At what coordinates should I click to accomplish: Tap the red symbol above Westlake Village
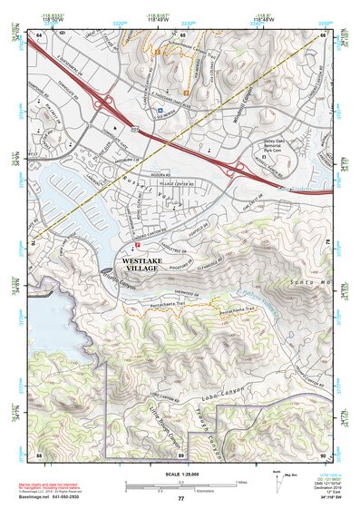pyautogui.click(x=137, y=244)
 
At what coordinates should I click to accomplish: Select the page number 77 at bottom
pyautogui.click(x=180, y=499)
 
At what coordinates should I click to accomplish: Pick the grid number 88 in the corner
pyautogui.click(x=40, y=454)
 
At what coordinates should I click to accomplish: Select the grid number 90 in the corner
pyautogui.click(x=323, y=454)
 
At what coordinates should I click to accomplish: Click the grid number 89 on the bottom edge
pyautogui.click(x=181, y=454)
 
